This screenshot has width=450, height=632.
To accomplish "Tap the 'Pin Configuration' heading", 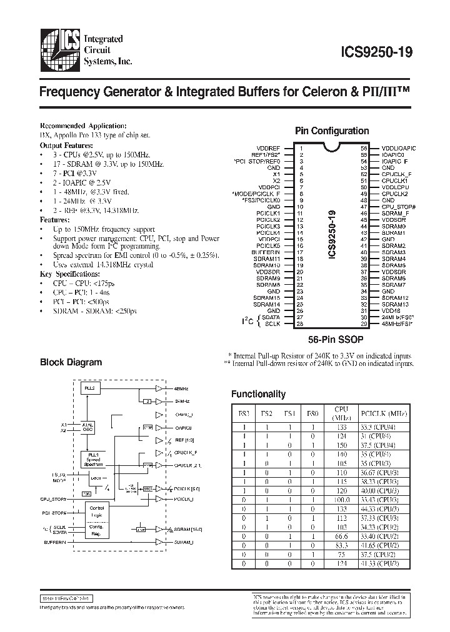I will (x=332, y=131).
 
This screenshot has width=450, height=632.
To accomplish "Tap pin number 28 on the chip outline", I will (x=299, y=323).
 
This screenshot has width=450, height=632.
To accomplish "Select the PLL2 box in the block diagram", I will (x=90, y=388).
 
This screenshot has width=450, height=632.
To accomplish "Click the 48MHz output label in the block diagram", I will (x=181, y=388).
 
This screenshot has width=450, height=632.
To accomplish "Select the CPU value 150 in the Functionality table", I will (x=341, y=445).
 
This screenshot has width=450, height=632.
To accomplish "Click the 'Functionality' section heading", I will (x=258, y=394).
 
